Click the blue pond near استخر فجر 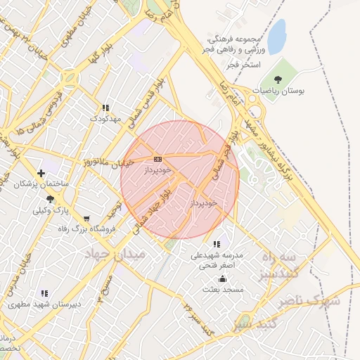click(x=277, y=36)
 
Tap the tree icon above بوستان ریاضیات click(x=279, y=79)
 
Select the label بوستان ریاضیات click(x=279, y=91)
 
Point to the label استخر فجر click(x=244, y=65)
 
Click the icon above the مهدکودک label click(x=105, y=108)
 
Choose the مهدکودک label click(x=105, y=119)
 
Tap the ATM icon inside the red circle click(x=157, y=159)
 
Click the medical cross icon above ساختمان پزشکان click(x=41, y=172)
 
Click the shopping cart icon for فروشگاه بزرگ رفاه click(x=86, y=219)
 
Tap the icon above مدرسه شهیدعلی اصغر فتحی click(x=217, y=244)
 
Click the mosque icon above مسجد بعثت click(x=222, y=278)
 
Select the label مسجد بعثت click(x=222, y=290)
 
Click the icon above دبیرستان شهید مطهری click(x=44, y=293)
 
